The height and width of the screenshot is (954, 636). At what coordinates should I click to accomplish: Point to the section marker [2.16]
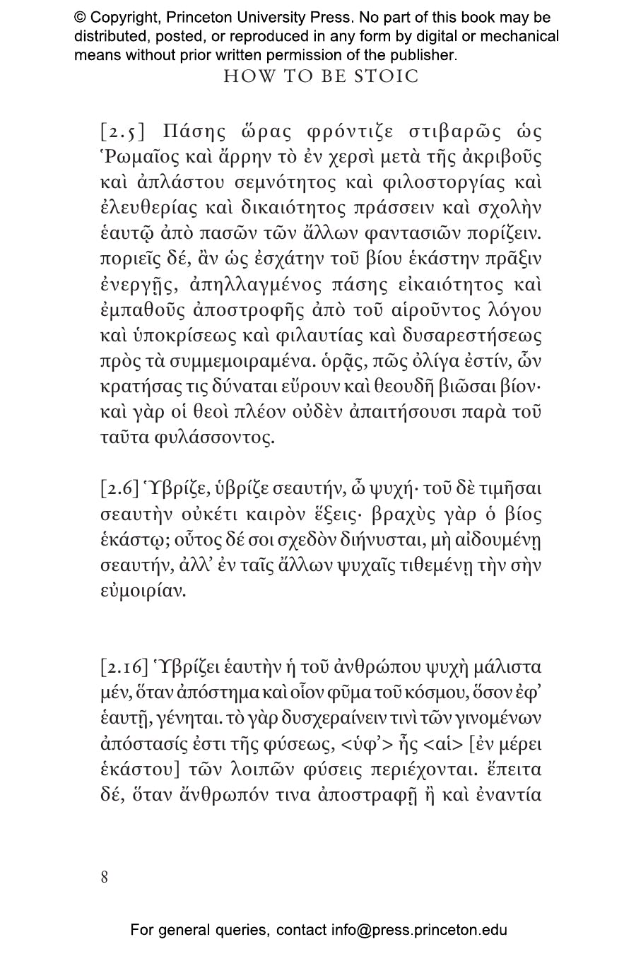pos(124,667)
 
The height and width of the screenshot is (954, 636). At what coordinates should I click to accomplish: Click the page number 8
pos(105,877)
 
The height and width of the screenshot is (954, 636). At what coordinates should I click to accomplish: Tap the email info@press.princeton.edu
pos(419,930)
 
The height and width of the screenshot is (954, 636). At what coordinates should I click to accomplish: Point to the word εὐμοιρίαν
pos(143,591)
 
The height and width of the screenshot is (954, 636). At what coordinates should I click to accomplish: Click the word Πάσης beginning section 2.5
pos(194,132)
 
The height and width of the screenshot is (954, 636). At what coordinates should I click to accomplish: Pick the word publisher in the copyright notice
pos(419,54)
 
